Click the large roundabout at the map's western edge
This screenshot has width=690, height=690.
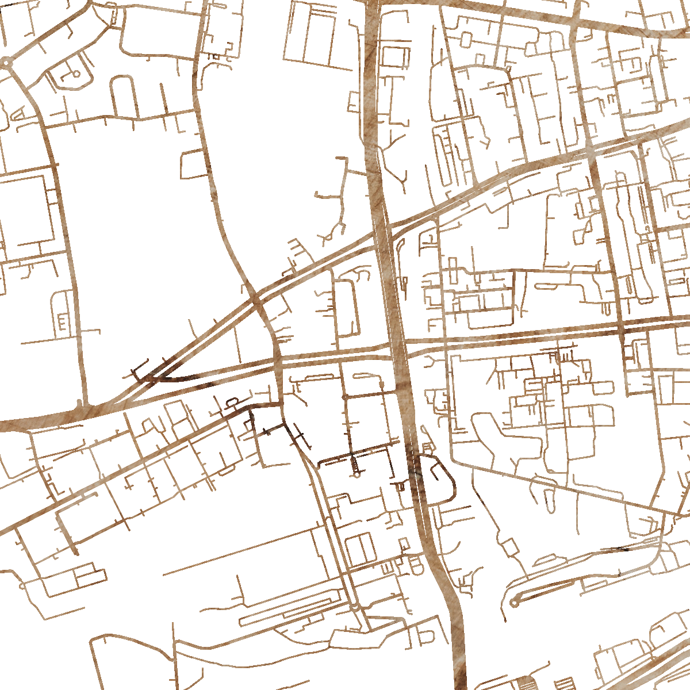coord(6,62)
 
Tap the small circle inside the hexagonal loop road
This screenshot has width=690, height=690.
coord(76,74)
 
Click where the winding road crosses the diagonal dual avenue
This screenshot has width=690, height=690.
coord(256,298)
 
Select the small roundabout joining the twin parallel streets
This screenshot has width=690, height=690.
coord(355,607)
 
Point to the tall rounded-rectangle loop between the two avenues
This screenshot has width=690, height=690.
coord(347,308)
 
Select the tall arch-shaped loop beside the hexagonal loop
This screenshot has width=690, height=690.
coord(122,97)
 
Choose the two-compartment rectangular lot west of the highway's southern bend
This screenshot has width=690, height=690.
coord(361,549)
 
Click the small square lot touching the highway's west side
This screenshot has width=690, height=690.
coord(394,58)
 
